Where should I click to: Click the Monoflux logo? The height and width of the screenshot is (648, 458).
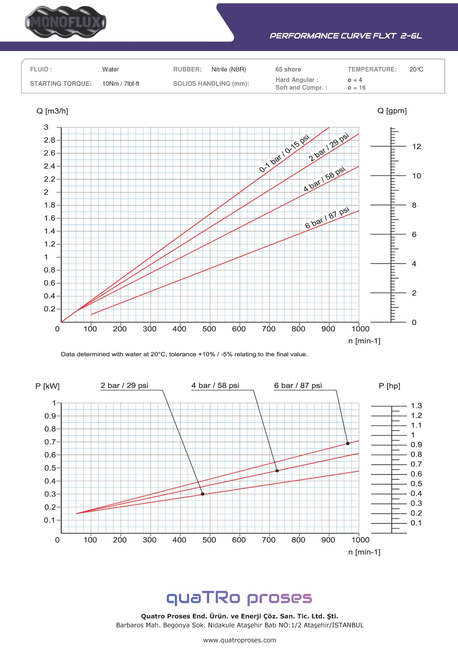(x=66, y=22)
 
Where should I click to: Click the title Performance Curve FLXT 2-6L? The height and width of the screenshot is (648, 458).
(x=346, y=36)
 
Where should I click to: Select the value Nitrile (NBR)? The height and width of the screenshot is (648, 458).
(x=229, y=69)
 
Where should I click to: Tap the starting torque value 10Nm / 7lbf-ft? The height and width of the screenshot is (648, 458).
(x=121, y=84)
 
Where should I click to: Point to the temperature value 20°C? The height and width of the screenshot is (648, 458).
(x=416, y=69)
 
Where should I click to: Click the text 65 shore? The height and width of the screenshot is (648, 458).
(x=288, y=69)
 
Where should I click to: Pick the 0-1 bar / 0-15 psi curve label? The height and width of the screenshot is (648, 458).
(x=284, y=153)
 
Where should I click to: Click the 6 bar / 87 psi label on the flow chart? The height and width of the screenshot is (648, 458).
(x=327, y=218)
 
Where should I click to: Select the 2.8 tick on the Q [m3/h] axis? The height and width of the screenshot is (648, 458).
(x=50, y=140)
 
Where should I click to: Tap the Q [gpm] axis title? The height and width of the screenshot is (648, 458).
(x=392, y=111)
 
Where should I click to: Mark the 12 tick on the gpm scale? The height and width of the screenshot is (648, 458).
(x=416, y=146)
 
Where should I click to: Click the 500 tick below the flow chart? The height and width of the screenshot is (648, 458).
(x=209, y=329)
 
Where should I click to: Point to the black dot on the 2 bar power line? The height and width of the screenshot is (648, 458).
(x=203, y=494)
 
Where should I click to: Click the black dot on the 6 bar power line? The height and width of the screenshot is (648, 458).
(x=348, y=444)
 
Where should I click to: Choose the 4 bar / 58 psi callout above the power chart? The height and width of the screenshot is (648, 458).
(x=215, y=386)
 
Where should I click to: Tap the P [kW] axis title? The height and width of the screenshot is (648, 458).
(x=48, y=386)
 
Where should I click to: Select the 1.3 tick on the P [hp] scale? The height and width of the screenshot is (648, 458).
(x=416, y=406)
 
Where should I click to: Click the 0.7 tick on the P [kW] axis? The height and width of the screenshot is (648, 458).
(x=50, y=442)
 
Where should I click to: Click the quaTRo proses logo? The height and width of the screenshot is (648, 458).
(x=239, y=598)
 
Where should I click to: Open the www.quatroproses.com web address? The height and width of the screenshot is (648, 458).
(x=239, y=640)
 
